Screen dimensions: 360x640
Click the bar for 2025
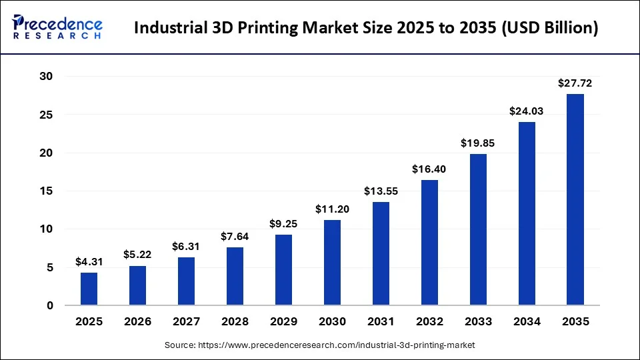[89, 289]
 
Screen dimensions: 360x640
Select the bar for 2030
[332, 263]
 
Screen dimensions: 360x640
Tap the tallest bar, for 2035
[575, 199]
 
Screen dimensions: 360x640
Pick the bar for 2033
[478, 229]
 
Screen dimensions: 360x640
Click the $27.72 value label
[575, 84]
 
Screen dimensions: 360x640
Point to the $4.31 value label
[89, 262]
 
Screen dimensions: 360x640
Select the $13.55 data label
[381, 191]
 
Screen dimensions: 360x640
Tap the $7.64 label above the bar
[235, 237]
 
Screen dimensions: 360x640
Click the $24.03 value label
[527, 111]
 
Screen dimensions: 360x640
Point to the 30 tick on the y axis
[45, 77]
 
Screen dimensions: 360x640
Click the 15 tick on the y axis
[45, 191]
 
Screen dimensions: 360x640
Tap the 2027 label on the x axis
[186, 322]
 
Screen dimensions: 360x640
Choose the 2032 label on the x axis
[429, 322]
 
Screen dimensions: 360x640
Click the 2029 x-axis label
[283, 322]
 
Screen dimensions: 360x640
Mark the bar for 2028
[235, 276]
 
